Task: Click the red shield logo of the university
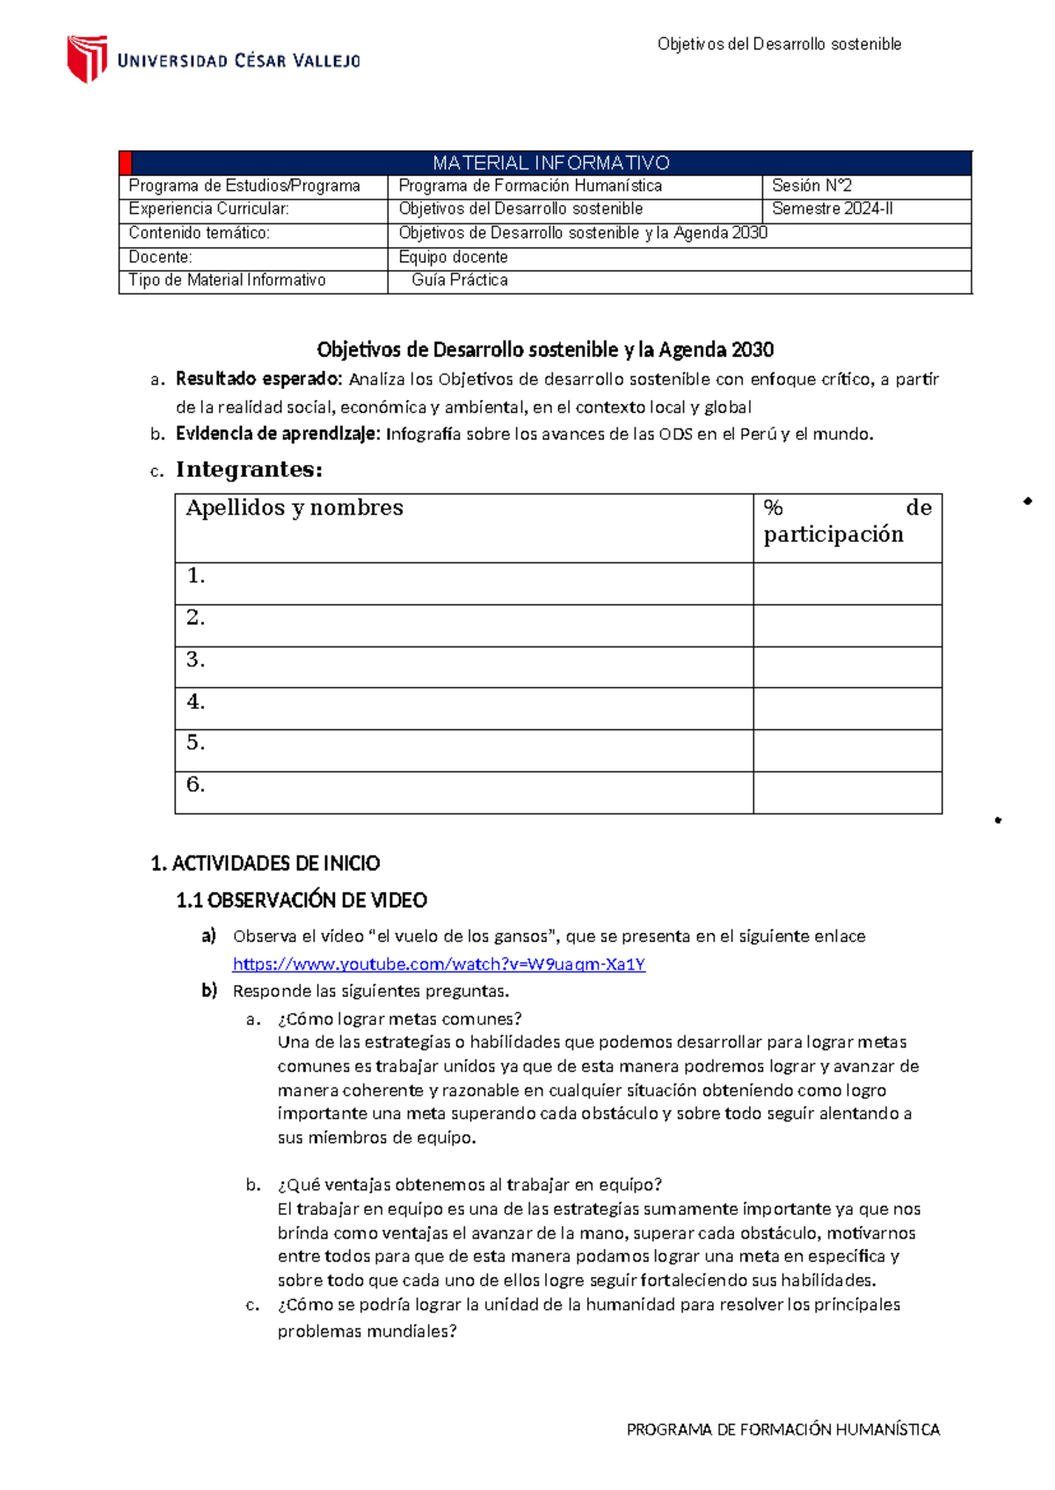click(87, 58)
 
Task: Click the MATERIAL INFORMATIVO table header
click(550, 163)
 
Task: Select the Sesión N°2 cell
click(811, 186)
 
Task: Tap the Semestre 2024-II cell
click(832, 209)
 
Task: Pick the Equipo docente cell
click(453, 258)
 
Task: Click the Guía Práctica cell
click(459, 281)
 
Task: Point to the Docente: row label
click(160, 258)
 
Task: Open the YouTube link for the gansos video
click(439, 965)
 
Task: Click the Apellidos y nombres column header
click(295, 508)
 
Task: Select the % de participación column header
click(846, 522)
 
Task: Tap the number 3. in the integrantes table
click(195, 660)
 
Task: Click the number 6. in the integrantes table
click(195, 785)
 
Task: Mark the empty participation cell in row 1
click(847, 583)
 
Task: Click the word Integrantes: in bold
click(249, 470)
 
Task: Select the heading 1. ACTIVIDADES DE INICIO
click(266, 864)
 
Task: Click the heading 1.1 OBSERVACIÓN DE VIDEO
click(302, 901)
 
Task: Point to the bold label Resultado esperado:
click(258, 379)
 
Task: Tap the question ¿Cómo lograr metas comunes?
click(399, 1019)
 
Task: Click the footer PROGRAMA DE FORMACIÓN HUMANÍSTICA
click(782, 1429)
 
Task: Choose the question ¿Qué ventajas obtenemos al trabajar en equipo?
click(469, 1185)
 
